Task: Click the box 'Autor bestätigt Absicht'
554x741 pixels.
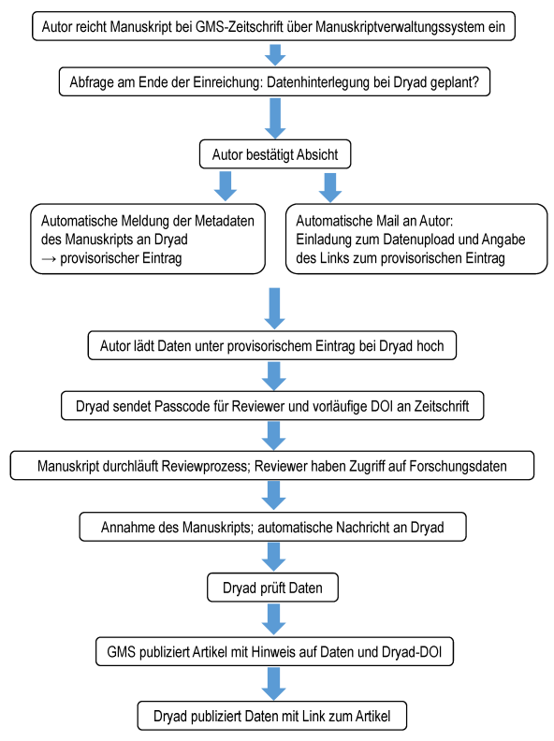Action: [x=275, y=154]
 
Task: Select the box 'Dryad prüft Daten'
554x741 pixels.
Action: [x=272, y=588]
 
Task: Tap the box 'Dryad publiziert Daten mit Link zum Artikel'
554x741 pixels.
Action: [x=272, y=716]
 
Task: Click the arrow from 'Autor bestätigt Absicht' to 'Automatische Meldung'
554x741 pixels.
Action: [x=226, y=186]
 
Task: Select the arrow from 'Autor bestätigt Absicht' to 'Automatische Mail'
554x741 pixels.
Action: [x=330, y=187]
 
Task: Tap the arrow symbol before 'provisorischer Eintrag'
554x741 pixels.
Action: [x=49, y=258]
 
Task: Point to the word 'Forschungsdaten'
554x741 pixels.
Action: [x=458, y=467]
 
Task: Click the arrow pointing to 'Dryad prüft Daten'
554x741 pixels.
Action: [x=273, y=557]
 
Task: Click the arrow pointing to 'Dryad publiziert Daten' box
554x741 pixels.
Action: [x=273, y=683]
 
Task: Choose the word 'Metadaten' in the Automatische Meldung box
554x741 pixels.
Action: [x=225, y=221]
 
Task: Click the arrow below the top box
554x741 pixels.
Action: [x=275, y=55]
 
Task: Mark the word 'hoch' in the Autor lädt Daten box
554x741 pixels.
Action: [x=430, y=346]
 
